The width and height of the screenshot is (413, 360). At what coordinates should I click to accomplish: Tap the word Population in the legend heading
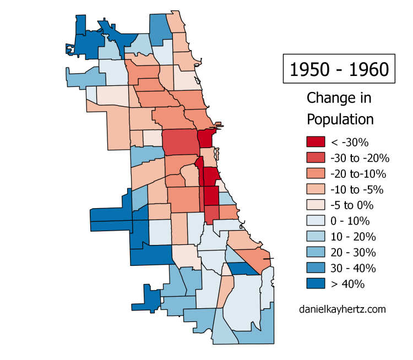click(x=340, y=119)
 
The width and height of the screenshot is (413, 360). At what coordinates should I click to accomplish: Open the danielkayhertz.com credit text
click(x=342, y=309)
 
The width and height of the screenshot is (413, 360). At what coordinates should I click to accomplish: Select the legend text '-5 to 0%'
click(x=352, y=206)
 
